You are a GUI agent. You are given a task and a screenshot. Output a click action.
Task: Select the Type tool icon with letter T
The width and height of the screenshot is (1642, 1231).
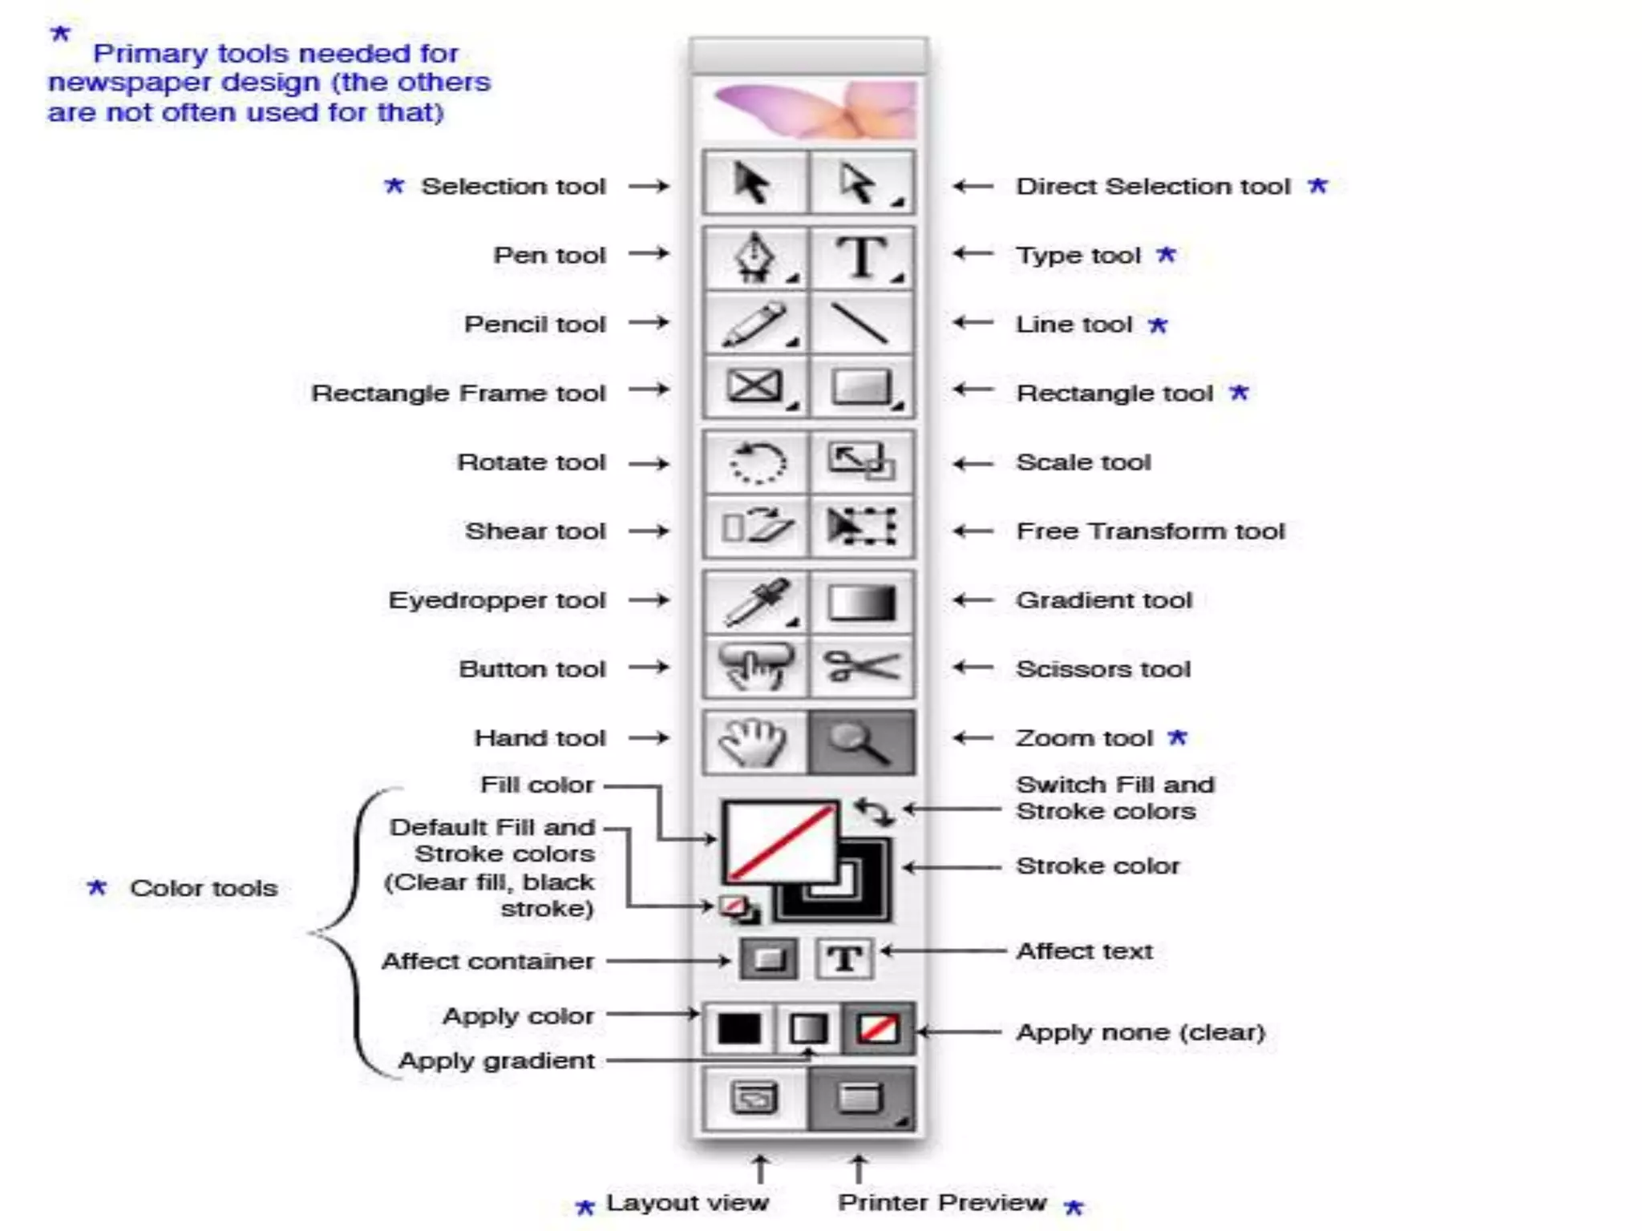point(862,256)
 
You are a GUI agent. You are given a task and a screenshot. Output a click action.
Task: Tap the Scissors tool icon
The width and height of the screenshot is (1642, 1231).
point(862,667)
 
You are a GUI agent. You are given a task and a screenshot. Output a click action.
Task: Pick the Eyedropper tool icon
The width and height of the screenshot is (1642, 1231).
point(754,602)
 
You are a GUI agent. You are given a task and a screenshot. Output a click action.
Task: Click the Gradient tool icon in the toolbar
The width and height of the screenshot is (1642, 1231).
point(862,602)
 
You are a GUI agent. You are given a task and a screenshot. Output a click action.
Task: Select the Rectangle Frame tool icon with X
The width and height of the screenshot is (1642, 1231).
point(754,387)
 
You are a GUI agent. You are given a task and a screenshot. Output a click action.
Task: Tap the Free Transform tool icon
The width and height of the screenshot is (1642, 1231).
point(862,528)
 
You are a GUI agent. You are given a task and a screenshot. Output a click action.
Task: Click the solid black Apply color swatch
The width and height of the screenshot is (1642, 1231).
point(739,1028)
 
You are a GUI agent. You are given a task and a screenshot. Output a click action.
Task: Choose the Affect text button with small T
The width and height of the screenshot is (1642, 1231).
point(844,959)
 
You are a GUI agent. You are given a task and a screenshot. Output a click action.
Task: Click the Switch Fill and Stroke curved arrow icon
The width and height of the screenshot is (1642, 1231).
point(873,811)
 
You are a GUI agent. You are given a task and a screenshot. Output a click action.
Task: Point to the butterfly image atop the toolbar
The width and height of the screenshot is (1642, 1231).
point(814,110)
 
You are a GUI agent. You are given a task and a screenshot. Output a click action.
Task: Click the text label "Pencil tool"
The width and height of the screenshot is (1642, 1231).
point(535,324)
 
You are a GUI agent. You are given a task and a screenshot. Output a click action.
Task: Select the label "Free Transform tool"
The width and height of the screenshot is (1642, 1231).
point(1150,531)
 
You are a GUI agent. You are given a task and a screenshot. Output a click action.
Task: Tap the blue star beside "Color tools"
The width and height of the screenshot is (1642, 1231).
point(97,887)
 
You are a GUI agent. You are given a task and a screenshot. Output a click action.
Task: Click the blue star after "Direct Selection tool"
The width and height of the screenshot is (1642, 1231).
point(1318,186)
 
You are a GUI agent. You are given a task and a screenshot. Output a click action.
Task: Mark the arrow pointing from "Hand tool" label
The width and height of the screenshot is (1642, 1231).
point(649,737)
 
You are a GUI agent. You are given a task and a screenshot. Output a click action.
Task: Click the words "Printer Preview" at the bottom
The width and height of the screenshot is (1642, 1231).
point(942,1202)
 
